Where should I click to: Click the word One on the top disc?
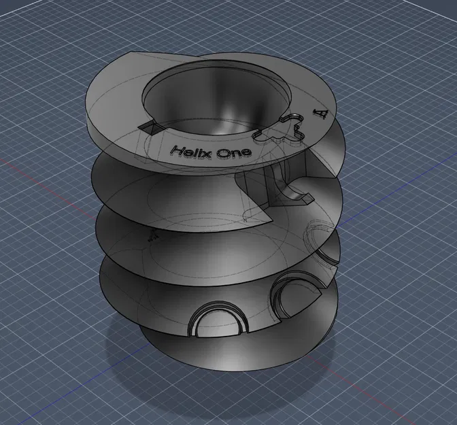[234, 153]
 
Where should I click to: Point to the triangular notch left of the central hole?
[151, 126]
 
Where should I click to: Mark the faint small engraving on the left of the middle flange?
[153, 235]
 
